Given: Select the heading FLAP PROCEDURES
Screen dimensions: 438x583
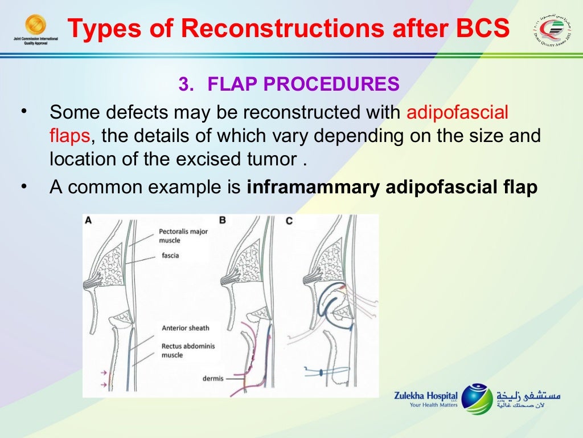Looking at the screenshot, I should point(303,84).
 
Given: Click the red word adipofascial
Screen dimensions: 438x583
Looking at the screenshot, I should point(457,112).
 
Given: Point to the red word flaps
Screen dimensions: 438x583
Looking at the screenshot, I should point(69,136).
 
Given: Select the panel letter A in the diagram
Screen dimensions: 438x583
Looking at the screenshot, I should point(88,221).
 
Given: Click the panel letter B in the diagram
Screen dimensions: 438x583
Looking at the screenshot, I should point(222,220).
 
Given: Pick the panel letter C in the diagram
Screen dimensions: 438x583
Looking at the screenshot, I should point(289,221).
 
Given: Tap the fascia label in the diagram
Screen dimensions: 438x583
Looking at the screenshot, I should point(170,255).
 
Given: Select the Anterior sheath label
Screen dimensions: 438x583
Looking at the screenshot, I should point(185,328).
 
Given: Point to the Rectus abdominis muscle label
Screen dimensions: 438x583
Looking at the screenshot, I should point(188,350).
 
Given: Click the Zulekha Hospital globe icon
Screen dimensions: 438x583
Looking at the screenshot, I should point(477,398).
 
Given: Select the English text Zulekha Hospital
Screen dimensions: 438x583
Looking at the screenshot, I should point(425,395).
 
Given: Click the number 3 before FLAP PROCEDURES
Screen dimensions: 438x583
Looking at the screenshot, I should point(183,84).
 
